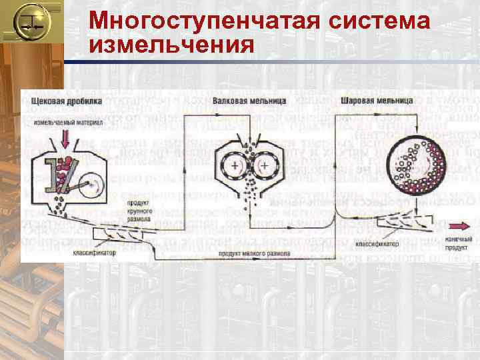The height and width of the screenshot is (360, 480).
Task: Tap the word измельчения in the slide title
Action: click(x=171, y=46)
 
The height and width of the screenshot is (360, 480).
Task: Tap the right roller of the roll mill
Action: click(x=265, y=164)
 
